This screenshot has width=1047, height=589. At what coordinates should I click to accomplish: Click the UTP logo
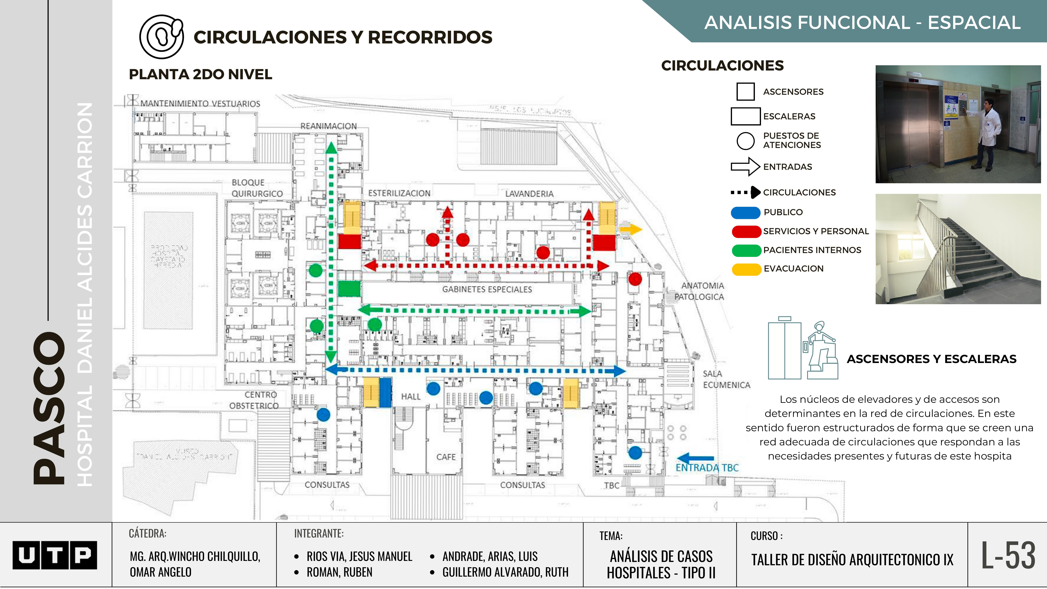55,555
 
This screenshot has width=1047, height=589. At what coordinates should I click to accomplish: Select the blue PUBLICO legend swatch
745,212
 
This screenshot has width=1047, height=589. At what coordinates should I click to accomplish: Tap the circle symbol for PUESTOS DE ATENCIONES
745,141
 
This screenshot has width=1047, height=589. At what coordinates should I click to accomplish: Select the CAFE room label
446,457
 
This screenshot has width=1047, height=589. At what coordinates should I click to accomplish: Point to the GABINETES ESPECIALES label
487,289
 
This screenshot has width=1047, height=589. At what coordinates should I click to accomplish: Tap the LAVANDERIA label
529,194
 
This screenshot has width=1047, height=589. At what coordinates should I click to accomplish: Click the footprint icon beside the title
161,37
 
